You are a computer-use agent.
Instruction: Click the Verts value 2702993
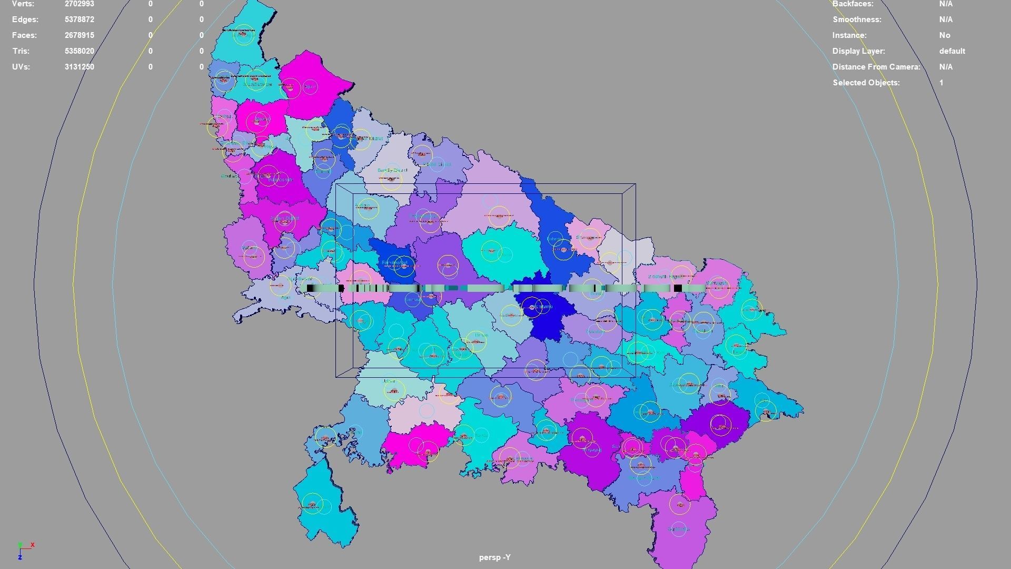coord(80,4)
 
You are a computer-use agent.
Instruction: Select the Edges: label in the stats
coord(25,19)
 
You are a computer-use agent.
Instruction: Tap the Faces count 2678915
coord(80,35)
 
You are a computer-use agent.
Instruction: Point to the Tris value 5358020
coord(80,51)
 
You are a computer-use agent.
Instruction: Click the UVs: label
coord(21,67)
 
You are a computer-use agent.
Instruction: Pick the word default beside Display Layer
coord(951,51)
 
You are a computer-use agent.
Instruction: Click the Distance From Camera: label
coord(876,67)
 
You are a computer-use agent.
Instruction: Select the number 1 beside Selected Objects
coord(941,83)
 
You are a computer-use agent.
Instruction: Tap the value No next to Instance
coord(944,35)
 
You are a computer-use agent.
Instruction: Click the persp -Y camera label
coord(494,557)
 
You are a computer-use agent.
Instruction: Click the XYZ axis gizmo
coord(24,550)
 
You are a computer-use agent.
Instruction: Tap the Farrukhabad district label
coord(394,262)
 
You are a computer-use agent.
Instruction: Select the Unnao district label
coord(481,335)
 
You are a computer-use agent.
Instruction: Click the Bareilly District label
coord(392,170)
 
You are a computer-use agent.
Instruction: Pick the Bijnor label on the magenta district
coord(310,86)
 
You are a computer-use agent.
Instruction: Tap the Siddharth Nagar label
coord(665,277)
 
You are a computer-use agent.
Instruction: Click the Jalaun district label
coord(389,381)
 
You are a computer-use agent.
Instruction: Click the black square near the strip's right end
coord(678,288)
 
